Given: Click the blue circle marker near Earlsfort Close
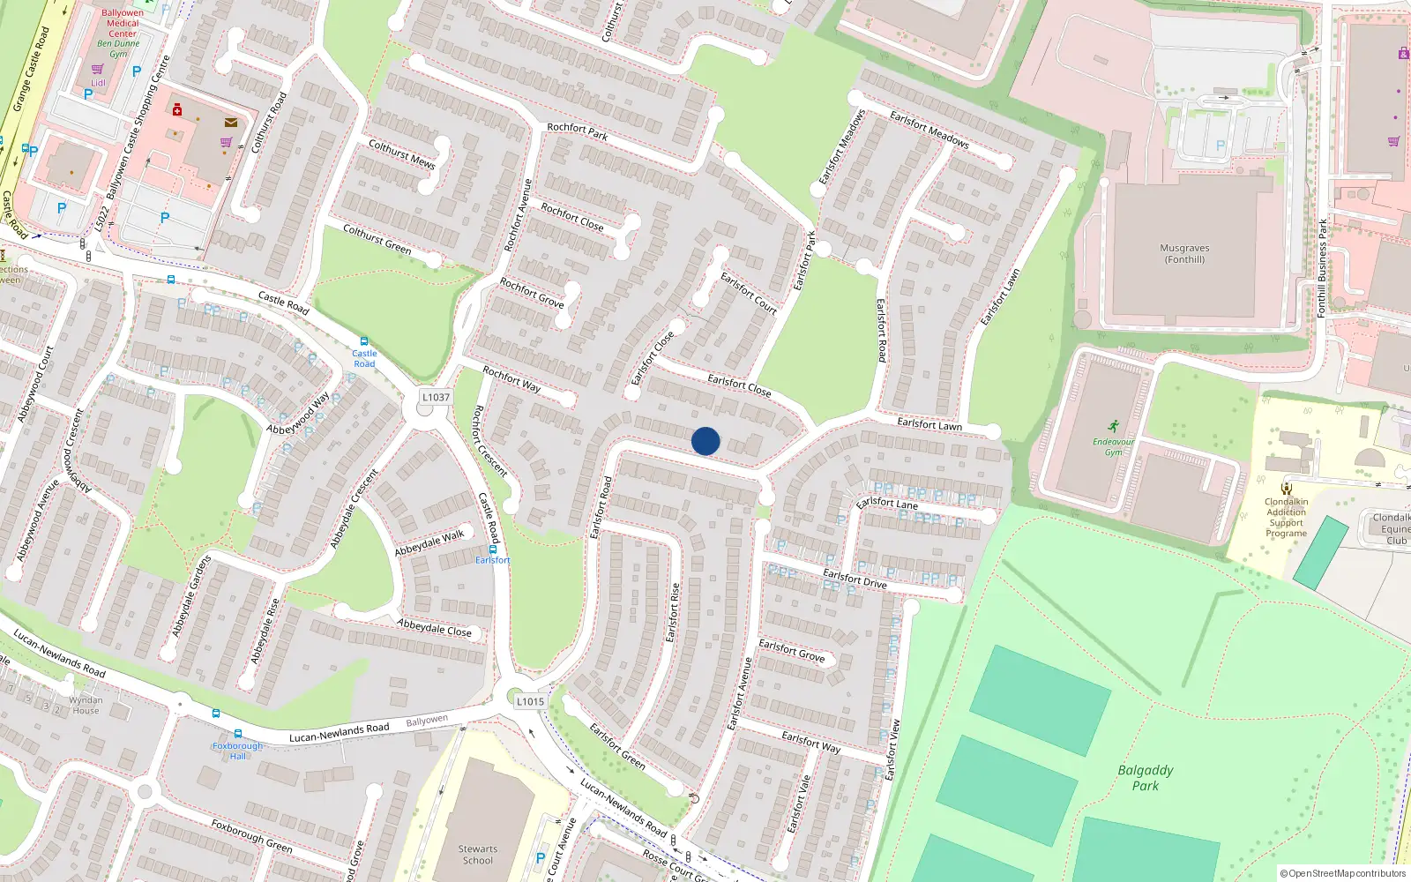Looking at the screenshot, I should (705, 441).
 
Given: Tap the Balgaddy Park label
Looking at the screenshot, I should (1146, 777).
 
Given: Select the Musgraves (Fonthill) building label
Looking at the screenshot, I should (1184, 254).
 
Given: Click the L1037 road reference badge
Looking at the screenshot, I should (435, 398).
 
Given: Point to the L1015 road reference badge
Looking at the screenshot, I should (530, 701).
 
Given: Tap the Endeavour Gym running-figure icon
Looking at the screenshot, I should (1114, 426).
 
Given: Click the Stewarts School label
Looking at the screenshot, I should (478, 855).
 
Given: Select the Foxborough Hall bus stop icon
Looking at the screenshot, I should (237, 734).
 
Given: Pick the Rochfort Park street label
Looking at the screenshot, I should (577, 131).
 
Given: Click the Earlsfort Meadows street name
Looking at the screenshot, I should (929, 129).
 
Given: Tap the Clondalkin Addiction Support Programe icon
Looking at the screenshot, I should (1287, 488).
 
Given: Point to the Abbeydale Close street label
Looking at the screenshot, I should (434, 627).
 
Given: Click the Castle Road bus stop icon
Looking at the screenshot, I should (364, 341).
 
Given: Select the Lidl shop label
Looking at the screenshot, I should (98, 83).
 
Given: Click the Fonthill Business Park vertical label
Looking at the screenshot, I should (1322, 268).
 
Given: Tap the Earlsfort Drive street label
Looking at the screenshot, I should (855, 579).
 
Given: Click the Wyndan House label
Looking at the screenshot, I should (86, 706).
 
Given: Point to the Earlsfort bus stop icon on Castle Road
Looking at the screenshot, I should (493, 549).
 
